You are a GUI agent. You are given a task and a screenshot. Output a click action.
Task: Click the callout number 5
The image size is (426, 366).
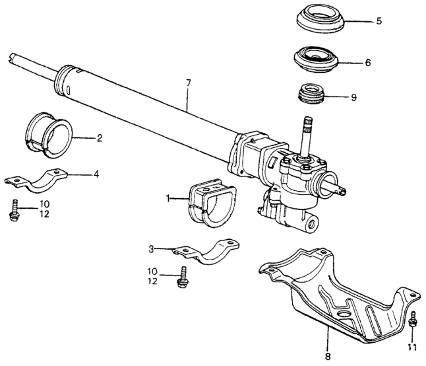click(379, 21)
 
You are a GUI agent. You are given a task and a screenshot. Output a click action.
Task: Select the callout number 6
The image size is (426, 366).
click(368, 63)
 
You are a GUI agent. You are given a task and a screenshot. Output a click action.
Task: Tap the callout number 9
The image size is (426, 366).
click(353, 97)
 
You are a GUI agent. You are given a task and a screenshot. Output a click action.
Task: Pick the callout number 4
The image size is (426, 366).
click(96, 174)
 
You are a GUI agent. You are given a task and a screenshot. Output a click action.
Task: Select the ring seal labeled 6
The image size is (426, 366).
click(317, 61)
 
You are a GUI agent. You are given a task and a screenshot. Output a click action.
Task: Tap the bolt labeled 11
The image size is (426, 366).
click(413, 320)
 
